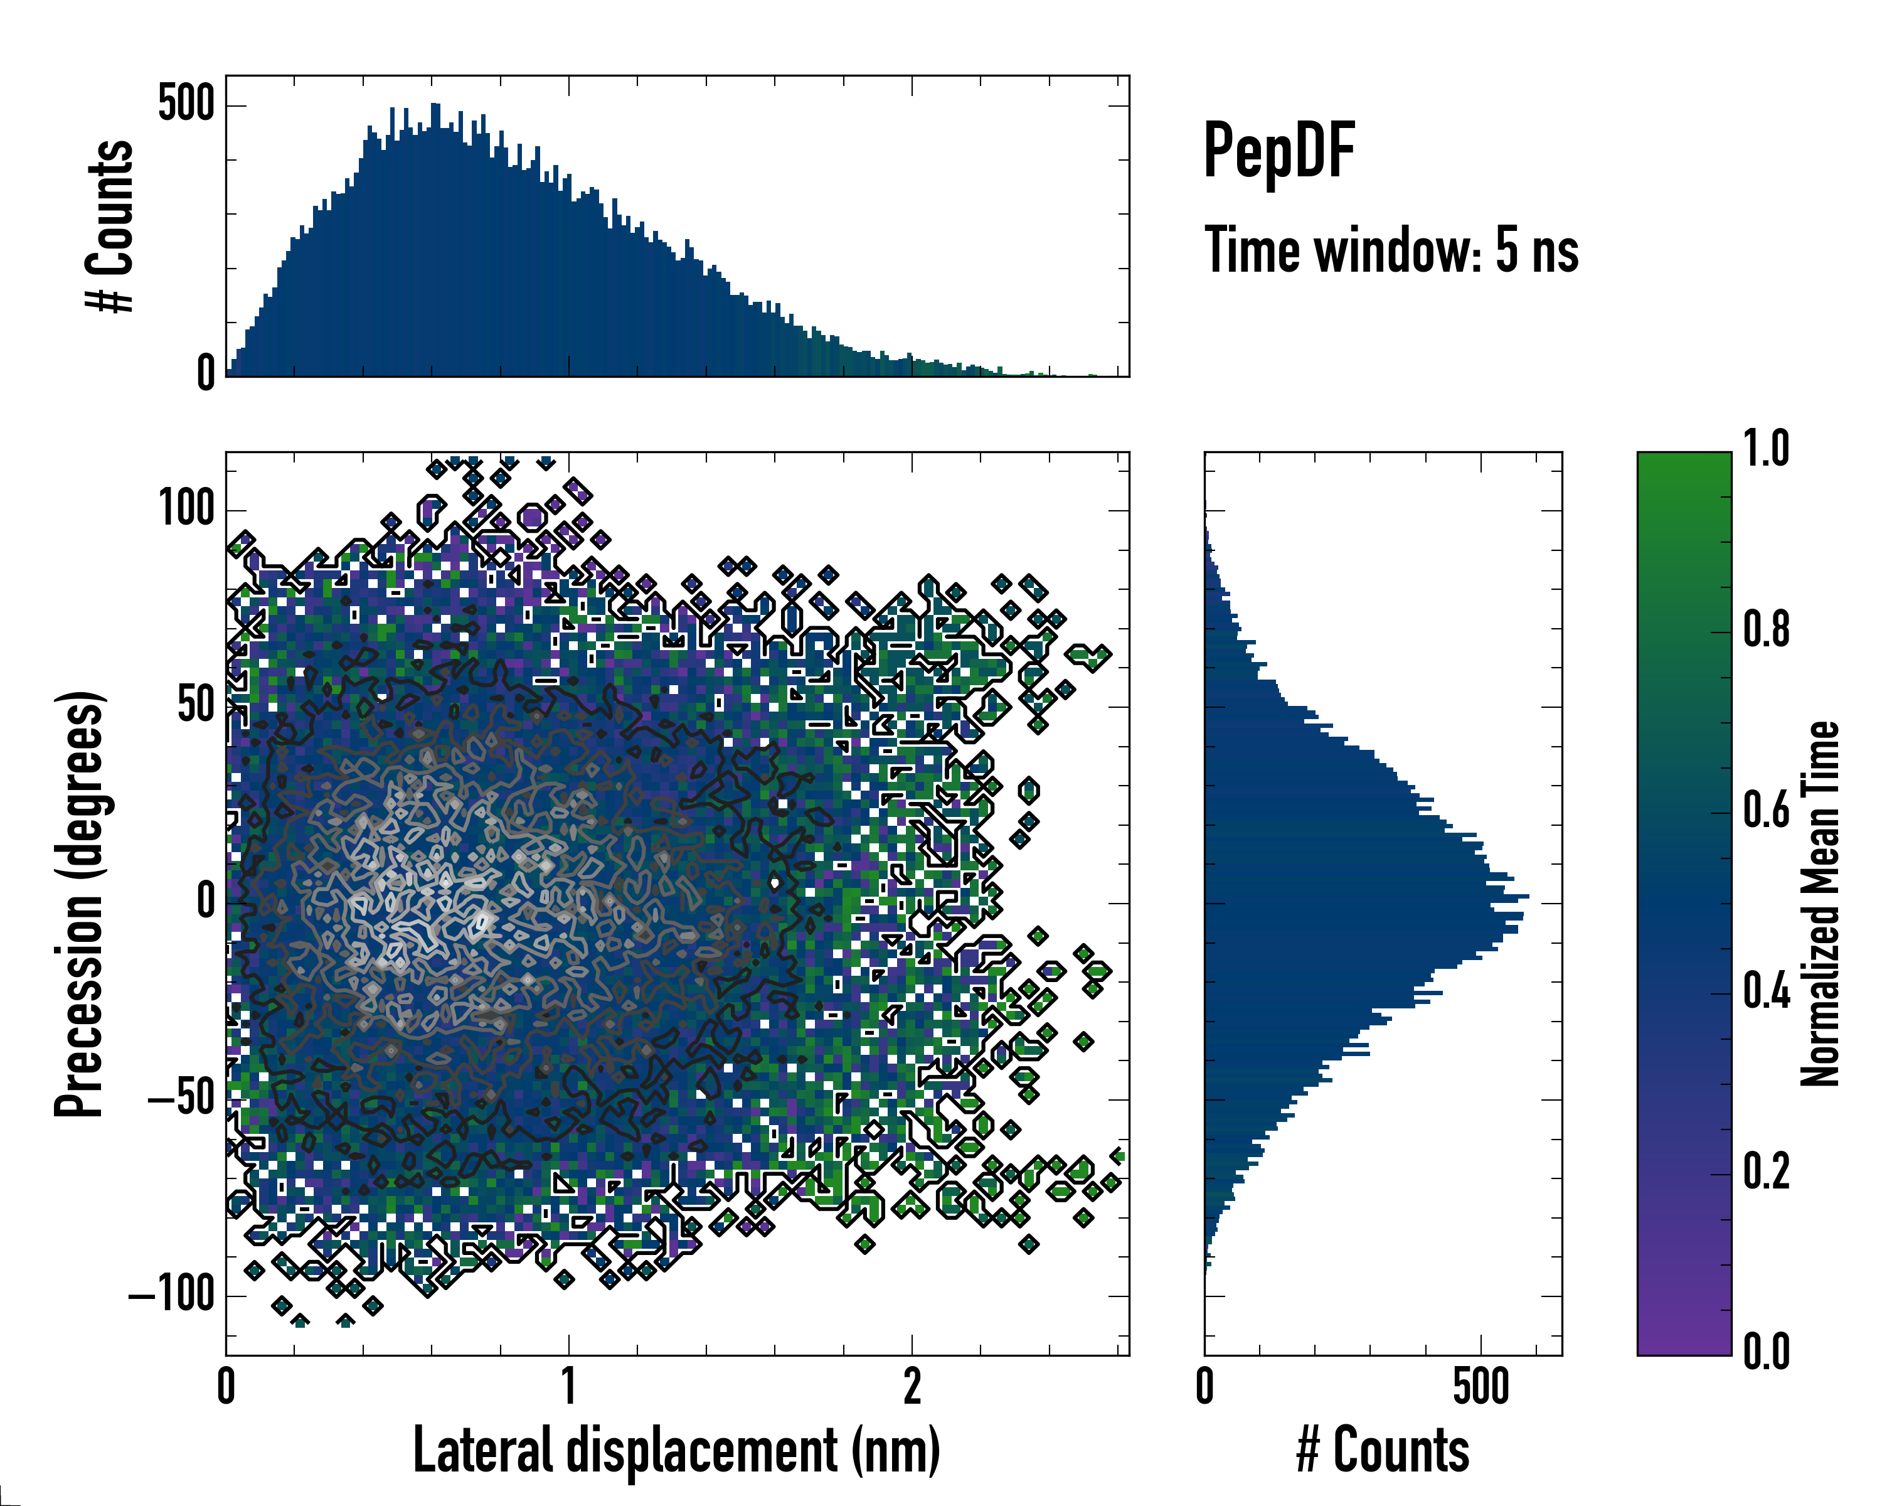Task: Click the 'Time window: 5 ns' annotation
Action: [1391, 250]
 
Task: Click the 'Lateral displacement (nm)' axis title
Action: [676, 1450]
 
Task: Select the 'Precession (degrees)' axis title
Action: [80, 903]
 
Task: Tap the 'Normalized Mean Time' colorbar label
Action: [1820, 903]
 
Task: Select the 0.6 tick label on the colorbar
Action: [1766, 810]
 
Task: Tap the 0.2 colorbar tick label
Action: [1766, 1172]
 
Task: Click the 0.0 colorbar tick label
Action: [1766, 1352]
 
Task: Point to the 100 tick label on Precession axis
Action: [186, 508]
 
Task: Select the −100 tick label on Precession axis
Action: [172, 1294]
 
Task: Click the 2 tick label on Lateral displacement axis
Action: [912, 1386]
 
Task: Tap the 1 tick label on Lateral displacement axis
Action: [568, 1386]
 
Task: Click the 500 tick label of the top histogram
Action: [186, 105]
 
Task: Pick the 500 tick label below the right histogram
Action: [1481, 1386]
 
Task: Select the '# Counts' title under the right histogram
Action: [1383, 1450]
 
